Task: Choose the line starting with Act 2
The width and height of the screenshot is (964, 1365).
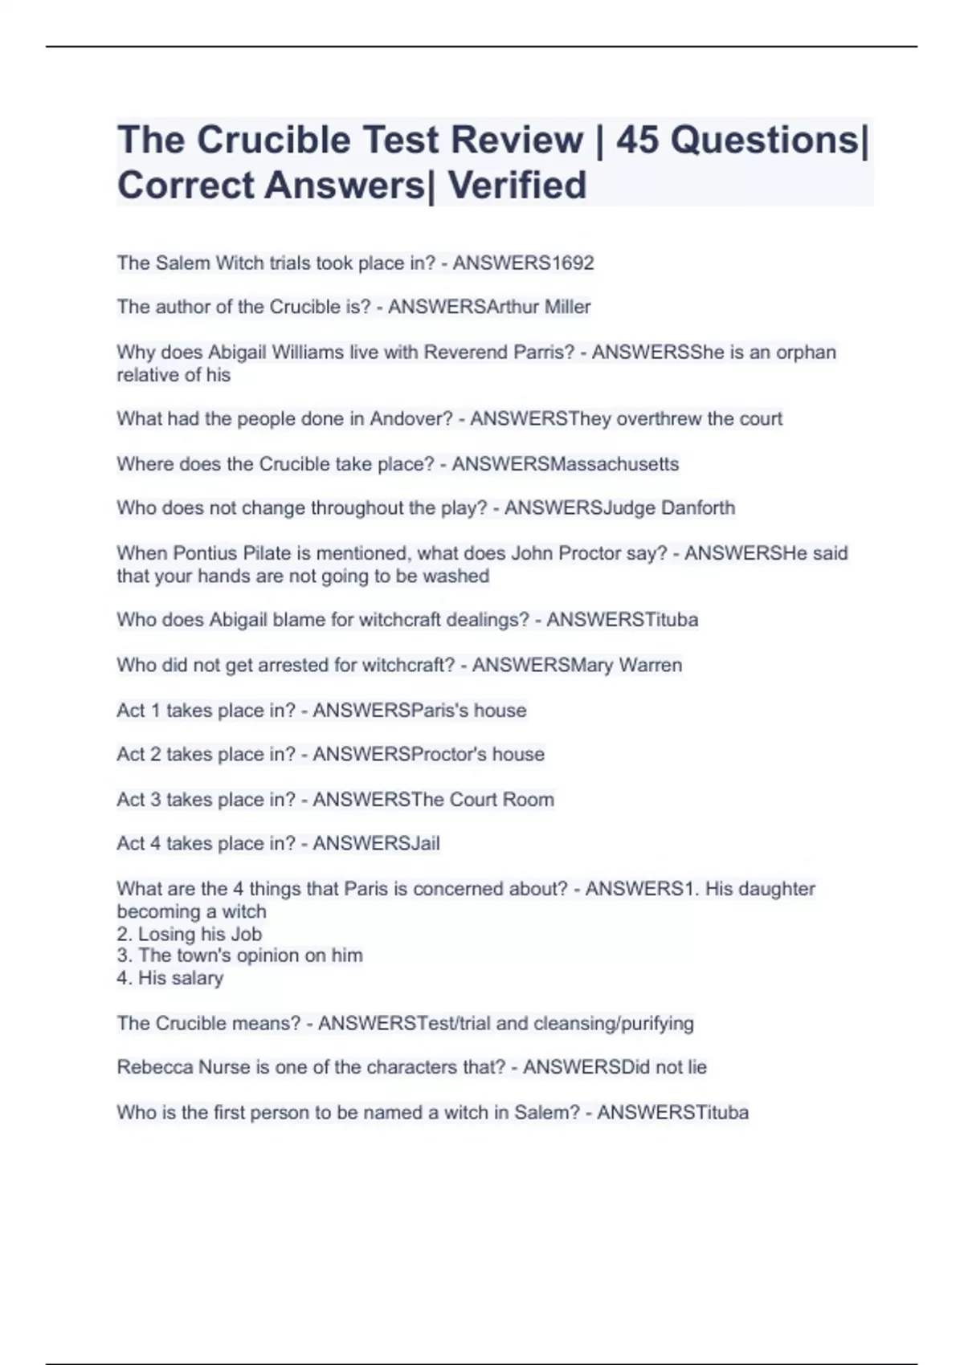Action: [x=330, y=755]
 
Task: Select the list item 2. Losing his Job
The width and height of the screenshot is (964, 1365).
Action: [x=189, y=934]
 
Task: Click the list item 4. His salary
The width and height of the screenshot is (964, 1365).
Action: [x=170, y=978]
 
